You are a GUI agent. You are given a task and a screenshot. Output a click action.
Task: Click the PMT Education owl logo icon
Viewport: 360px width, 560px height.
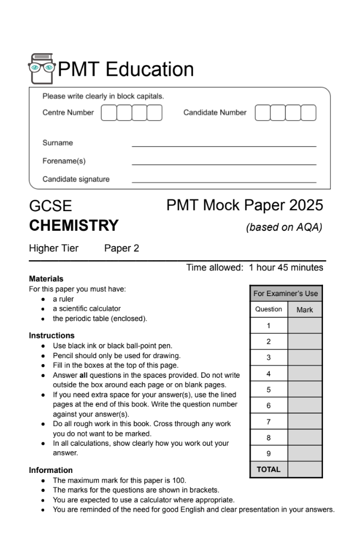(42, 69)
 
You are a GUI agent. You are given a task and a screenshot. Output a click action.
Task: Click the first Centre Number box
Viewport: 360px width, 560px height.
(109, 113)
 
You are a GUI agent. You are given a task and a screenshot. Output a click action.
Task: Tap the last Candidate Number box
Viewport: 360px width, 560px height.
(308, 113)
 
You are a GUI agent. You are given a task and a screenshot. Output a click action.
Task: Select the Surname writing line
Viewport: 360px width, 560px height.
(224, 145)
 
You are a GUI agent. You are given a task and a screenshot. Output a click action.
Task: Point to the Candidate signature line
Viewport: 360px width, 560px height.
(224, 181)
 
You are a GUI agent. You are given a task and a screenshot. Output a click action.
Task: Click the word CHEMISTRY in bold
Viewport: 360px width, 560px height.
(73, 225)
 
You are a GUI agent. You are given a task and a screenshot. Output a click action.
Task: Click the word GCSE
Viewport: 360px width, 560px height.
(50, 207)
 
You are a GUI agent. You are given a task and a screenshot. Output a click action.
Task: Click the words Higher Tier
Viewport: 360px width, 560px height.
(53, 248)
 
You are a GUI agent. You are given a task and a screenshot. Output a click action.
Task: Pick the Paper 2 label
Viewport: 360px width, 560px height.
(121, 248)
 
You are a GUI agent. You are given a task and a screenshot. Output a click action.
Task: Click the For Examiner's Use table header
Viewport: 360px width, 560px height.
(285, 293)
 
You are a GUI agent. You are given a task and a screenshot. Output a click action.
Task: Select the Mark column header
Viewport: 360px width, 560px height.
(305, 310)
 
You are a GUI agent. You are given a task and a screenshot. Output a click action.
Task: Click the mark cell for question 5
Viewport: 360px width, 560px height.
(305, 390)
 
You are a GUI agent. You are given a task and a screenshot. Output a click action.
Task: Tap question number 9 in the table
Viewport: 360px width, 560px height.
(269, 453)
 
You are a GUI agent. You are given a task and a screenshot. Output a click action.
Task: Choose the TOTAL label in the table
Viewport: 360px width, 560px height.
(269, 469)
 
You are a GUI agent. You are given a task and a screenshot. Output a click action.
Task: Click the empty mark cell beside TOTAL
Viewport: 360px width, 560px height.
(305, 469)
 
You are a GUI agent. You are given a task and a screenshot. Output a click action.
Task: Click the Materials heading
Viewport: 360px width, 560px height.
(46, 279)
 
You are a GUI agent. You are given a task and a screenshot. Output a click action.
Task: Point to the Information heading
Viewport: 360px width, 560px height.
(51, 470)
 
